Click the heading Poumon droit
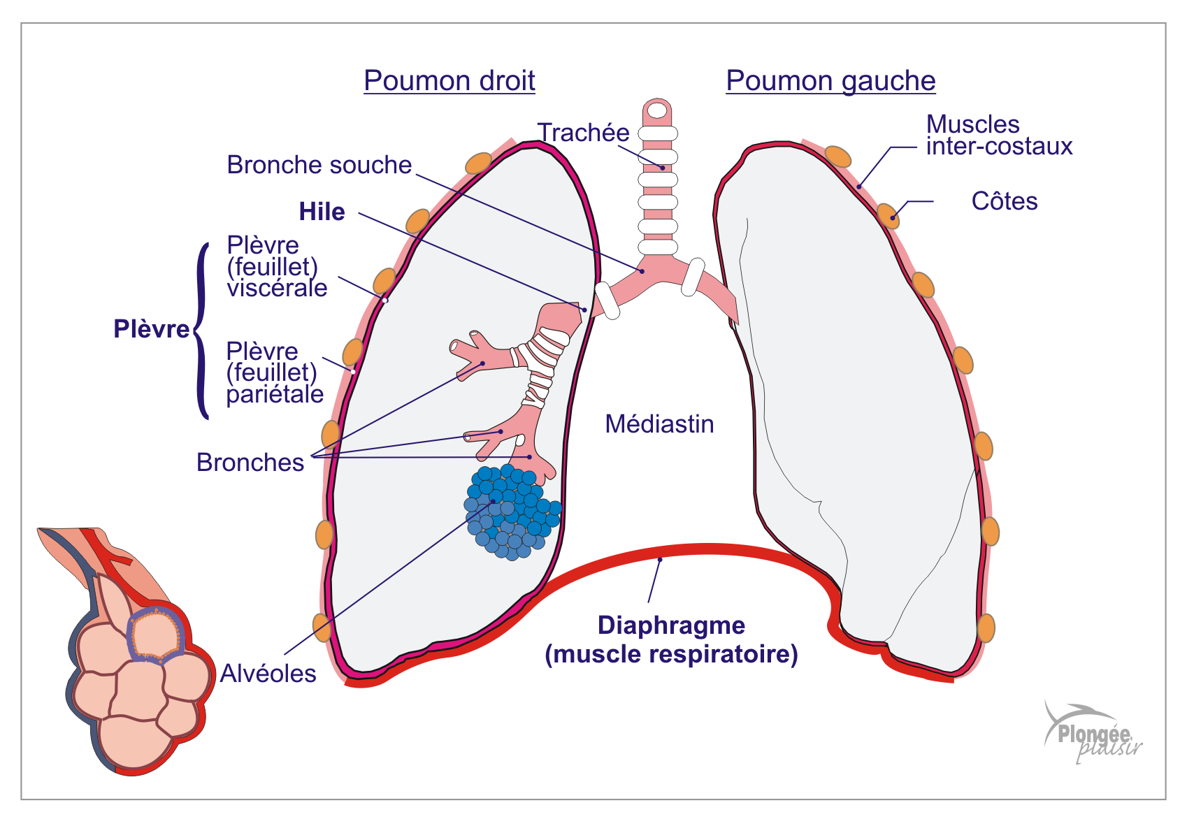click(449, 81)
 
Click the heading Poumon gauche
click(830, 81)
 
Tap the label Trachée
click(583, 132)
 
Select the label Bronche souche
click(319, 165)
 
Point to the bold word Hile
click(322, 212)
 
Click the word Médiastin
click(659, 424)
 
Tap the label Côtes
click(1004, 201)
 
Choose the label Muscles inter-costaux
click(998, 135)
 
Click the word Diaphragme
click(671, 625)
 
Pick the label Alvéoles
click(268, 674)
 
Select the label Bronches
click(250, 463)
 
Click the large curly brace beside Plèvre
click(201, 331)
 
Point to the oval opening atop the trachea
click(657, 110)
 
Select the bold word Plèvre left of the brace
click(151, 329)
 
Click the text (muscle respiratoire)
click(671, 654)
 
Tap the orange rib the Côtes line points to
click(888, 215)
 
